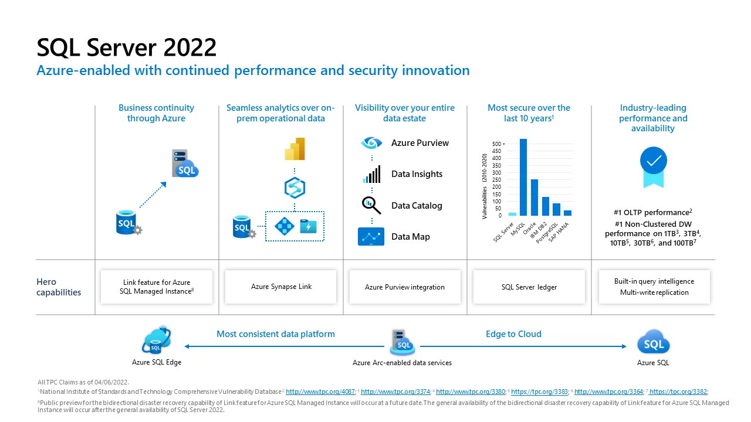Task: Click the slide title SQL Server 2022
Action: [x=126, y=47]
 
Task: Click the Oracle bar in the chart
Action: [x=534, y=198]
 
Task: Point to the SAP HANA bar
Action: [x=567, y=213]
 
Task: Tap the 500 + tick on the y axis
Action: [x=498, y=144]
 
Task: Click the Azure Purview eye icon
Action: [x=371, y=143]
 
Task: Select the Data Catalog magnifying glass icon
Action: [x=371, y=205]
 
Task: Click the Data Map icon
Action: [x=371, y=237]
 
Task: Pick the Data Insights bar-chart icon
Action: [x=371, y=174]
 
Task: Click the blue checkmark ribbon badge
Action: [x=653, y=164]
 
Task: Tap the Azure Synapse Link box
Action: [x=281, y=287]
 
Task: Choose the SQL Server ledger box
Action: [x=529, y=287]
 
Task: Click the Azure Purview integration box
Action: [x=405, y=287]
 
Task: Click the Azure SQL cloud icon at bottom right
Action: [x=653, y=342]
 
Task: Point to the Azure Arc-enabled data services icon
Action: [x=402, y=342]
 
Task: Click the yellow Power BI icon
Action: [x=295, y=149]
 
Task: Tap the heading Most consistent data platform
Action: [x=275, y=334]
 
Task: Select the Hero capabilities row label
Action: [x=59, y=287]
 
